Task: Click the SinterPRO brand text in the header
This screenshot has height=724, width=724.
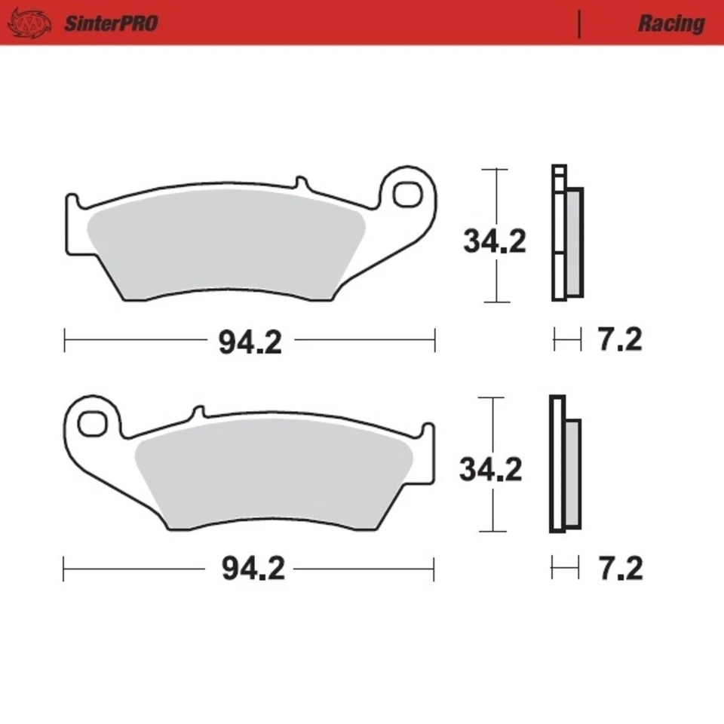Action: [110, 23]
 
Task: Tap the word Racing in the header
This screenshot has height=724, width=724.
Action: [670, 23]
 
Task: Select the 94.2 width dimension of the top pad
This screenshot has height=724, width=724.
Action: [250, 342]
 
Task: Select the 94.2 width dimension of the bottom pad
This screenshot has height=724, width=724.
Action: [253, 569]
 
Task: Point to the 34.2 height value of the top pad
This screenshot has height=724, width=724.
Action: [494, 241]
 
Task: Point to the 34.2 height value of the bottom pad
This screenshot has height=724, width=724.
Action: [491, 470]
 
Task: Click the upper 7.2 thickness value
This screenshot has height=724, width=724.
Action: [620, 340]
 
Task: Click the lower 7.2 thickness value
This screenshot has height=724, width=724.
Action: [621, 569]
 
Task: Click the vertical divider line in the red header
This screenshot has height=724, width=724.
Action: [579, 24]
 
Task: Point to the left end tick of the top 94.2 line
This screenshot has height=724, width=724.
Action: [65, 340]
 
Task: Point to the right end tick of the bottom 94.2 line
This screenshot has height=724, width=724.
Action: [433, 569]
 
